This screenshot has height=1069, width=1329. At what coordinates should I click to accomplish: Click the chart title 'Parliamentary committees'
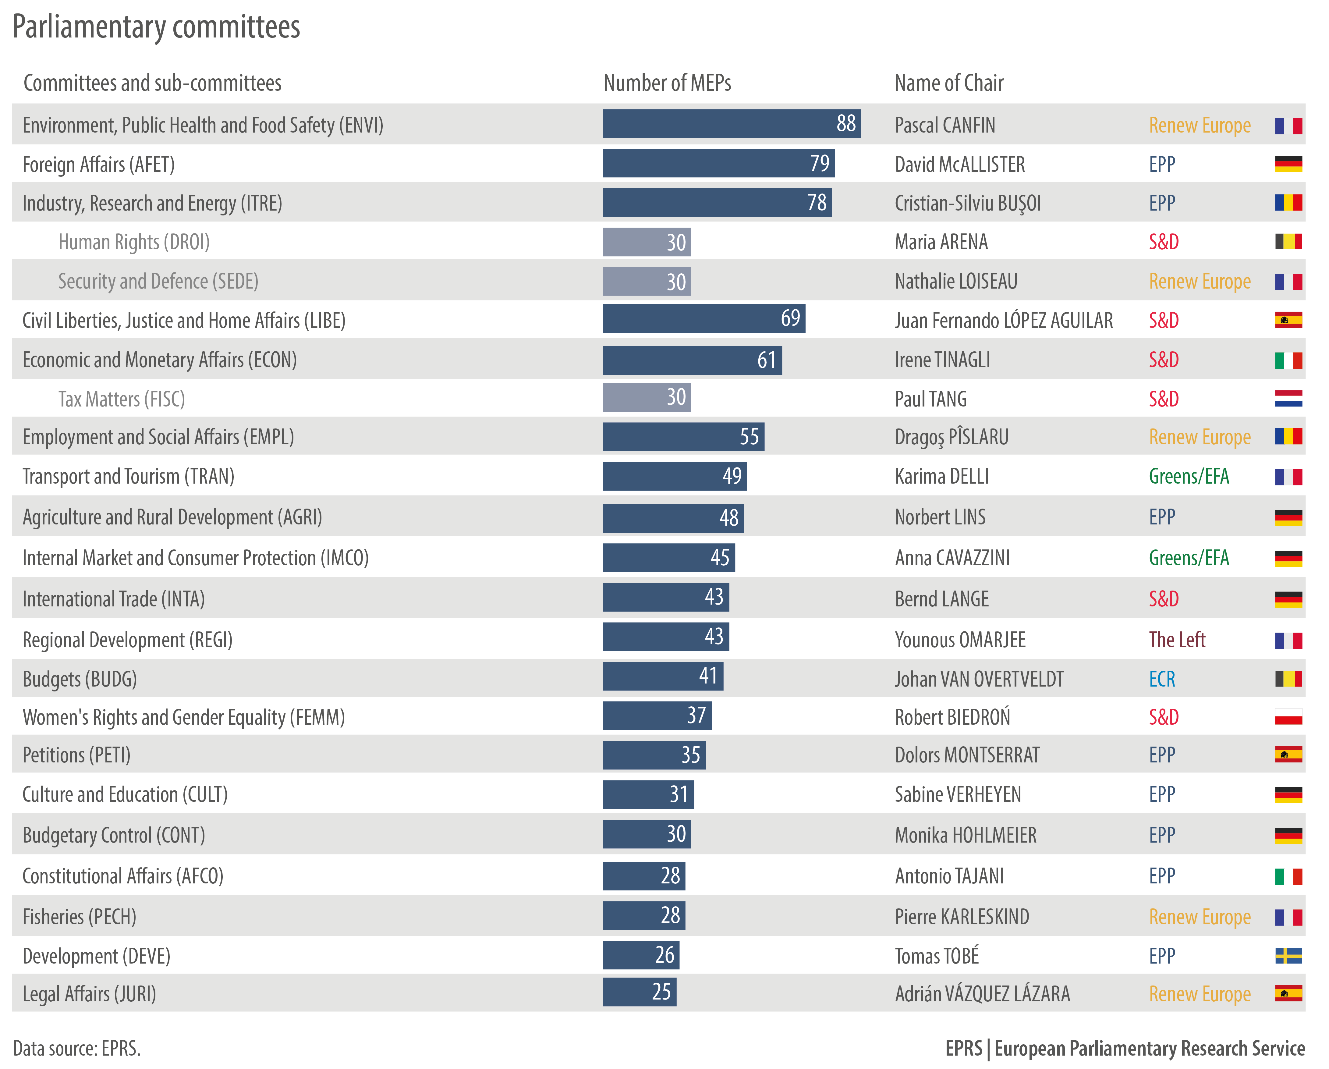pyautogui.click(x=156, y=27)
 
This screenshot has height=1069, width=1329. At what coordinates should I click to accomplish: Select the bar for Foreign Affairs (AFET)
pyautogui.click(x=718, y=163)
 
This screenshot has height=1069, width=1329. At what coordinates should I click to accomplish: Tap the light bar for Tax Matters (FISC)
pyautogui.click(x=647, y=398)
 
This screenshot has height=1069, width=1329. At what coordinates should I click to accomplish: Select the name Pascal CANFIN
pyautogui.click(x=945, y=125)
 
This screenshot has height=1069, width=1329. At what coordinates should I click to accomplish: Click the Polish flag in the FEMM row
pyautogui.click(x=1288, y=717)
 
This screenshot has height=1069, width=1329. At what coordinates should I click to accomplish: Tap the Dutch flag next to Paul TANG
pyautogui.click(x=1288, y=399)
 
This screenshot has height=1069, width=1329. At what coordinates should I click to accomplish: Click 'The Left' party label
pyautogui.click(x=1177, y=640)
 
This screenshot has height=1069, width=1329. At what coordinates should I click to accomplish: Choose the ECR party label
pyautogui.click(x=1162, y=679)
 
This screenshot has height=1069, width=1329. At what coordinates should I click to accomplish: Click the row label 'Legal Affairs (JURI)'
pyautogui.click(x=89, y=994)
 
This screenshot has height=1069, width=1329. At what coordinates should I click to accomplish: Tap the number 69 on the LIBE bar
pyautogui.click(x=790, y=318)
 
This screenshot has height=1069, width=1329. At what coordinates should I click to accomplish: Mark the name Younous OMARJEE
pyautogui.click(x=960, y=640)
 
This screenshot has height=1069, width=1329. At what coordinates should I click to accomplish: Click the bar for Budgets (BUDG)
pyautogui.click(x=663, y=676)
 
